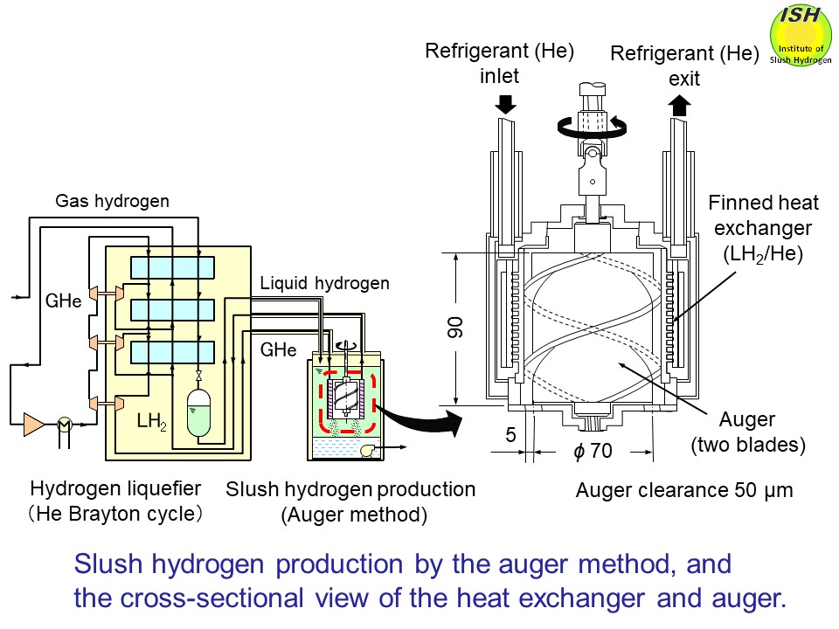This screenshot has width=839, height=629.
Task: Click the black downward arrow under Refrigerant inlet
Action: coord(504,104)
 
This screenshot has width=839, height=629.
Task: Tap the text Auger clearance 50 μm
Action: coord(684,490)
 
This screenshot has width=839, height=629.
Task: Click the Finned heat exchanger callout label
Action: coord(763,229)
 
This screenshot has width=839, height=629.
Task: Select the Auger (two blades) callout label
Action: coord(747,432)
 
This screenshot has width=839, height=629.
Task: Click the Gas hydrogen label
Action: coord(113,201)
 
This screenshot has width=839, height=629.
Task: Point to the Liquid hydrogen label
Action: coord(324,282)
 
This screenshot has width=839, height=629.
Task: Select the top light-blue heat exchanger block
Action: coord(172,267)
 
